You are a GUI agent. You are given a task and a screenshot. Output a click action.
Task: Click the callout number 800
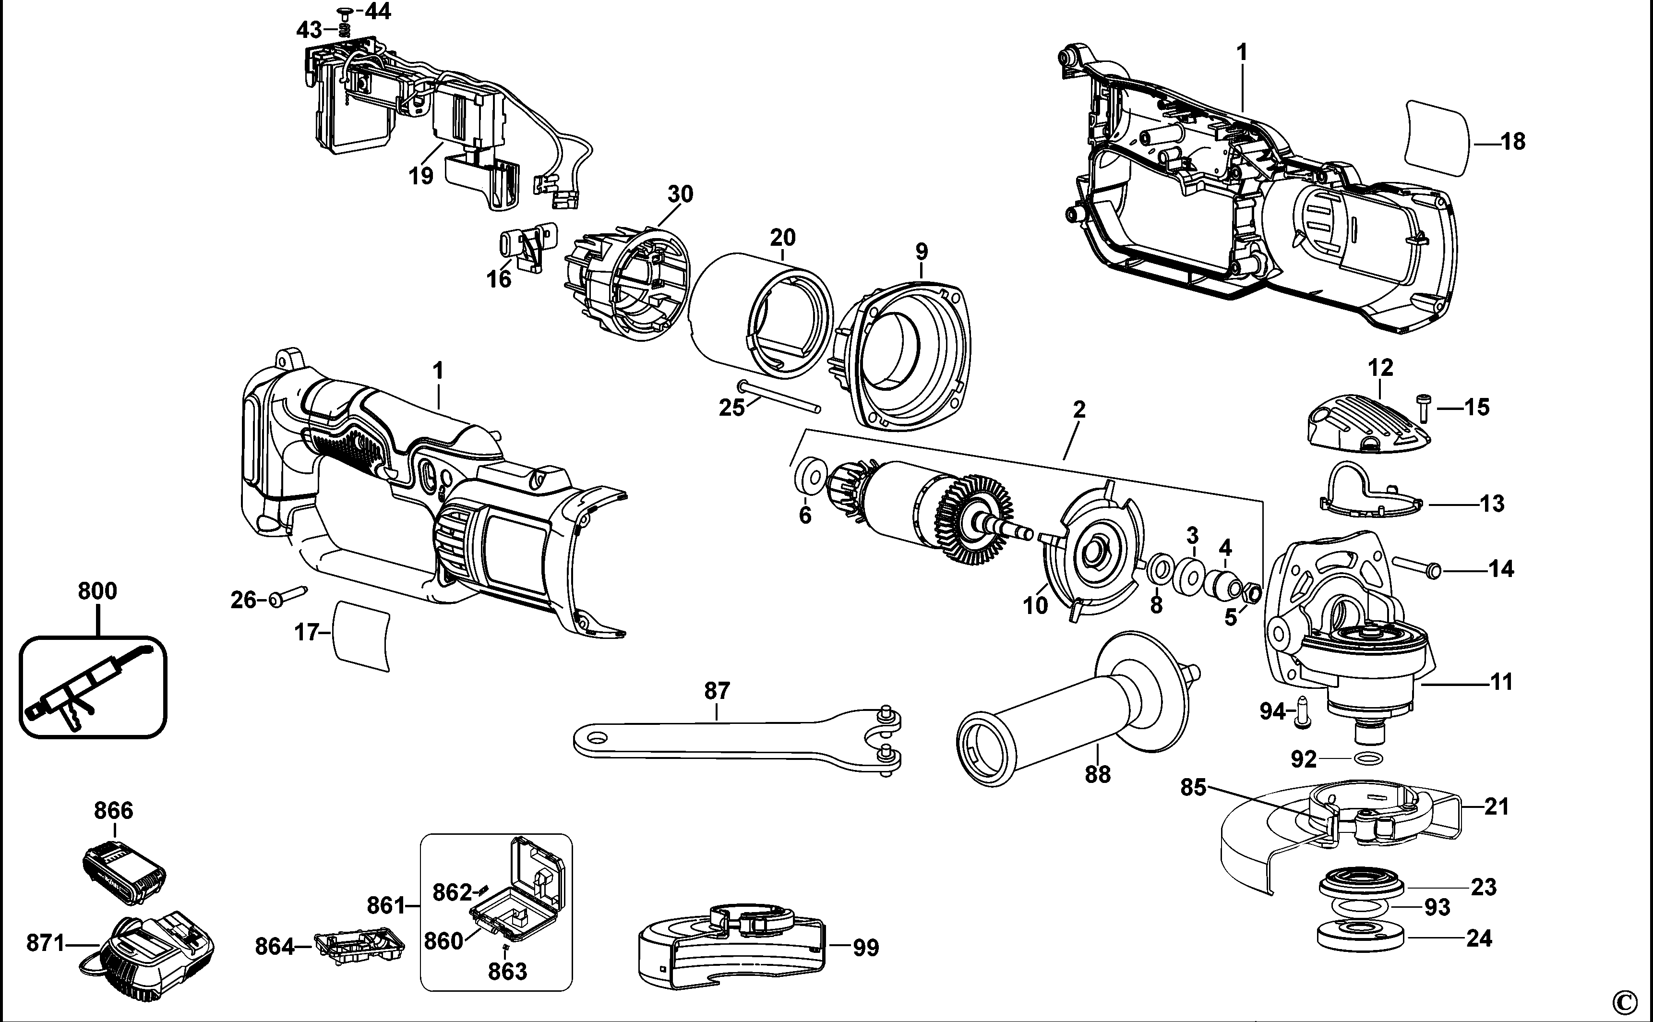click(97, 591)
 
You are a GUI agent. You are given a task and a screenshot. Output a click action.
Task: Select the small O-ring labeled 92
click(1368, 758)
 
